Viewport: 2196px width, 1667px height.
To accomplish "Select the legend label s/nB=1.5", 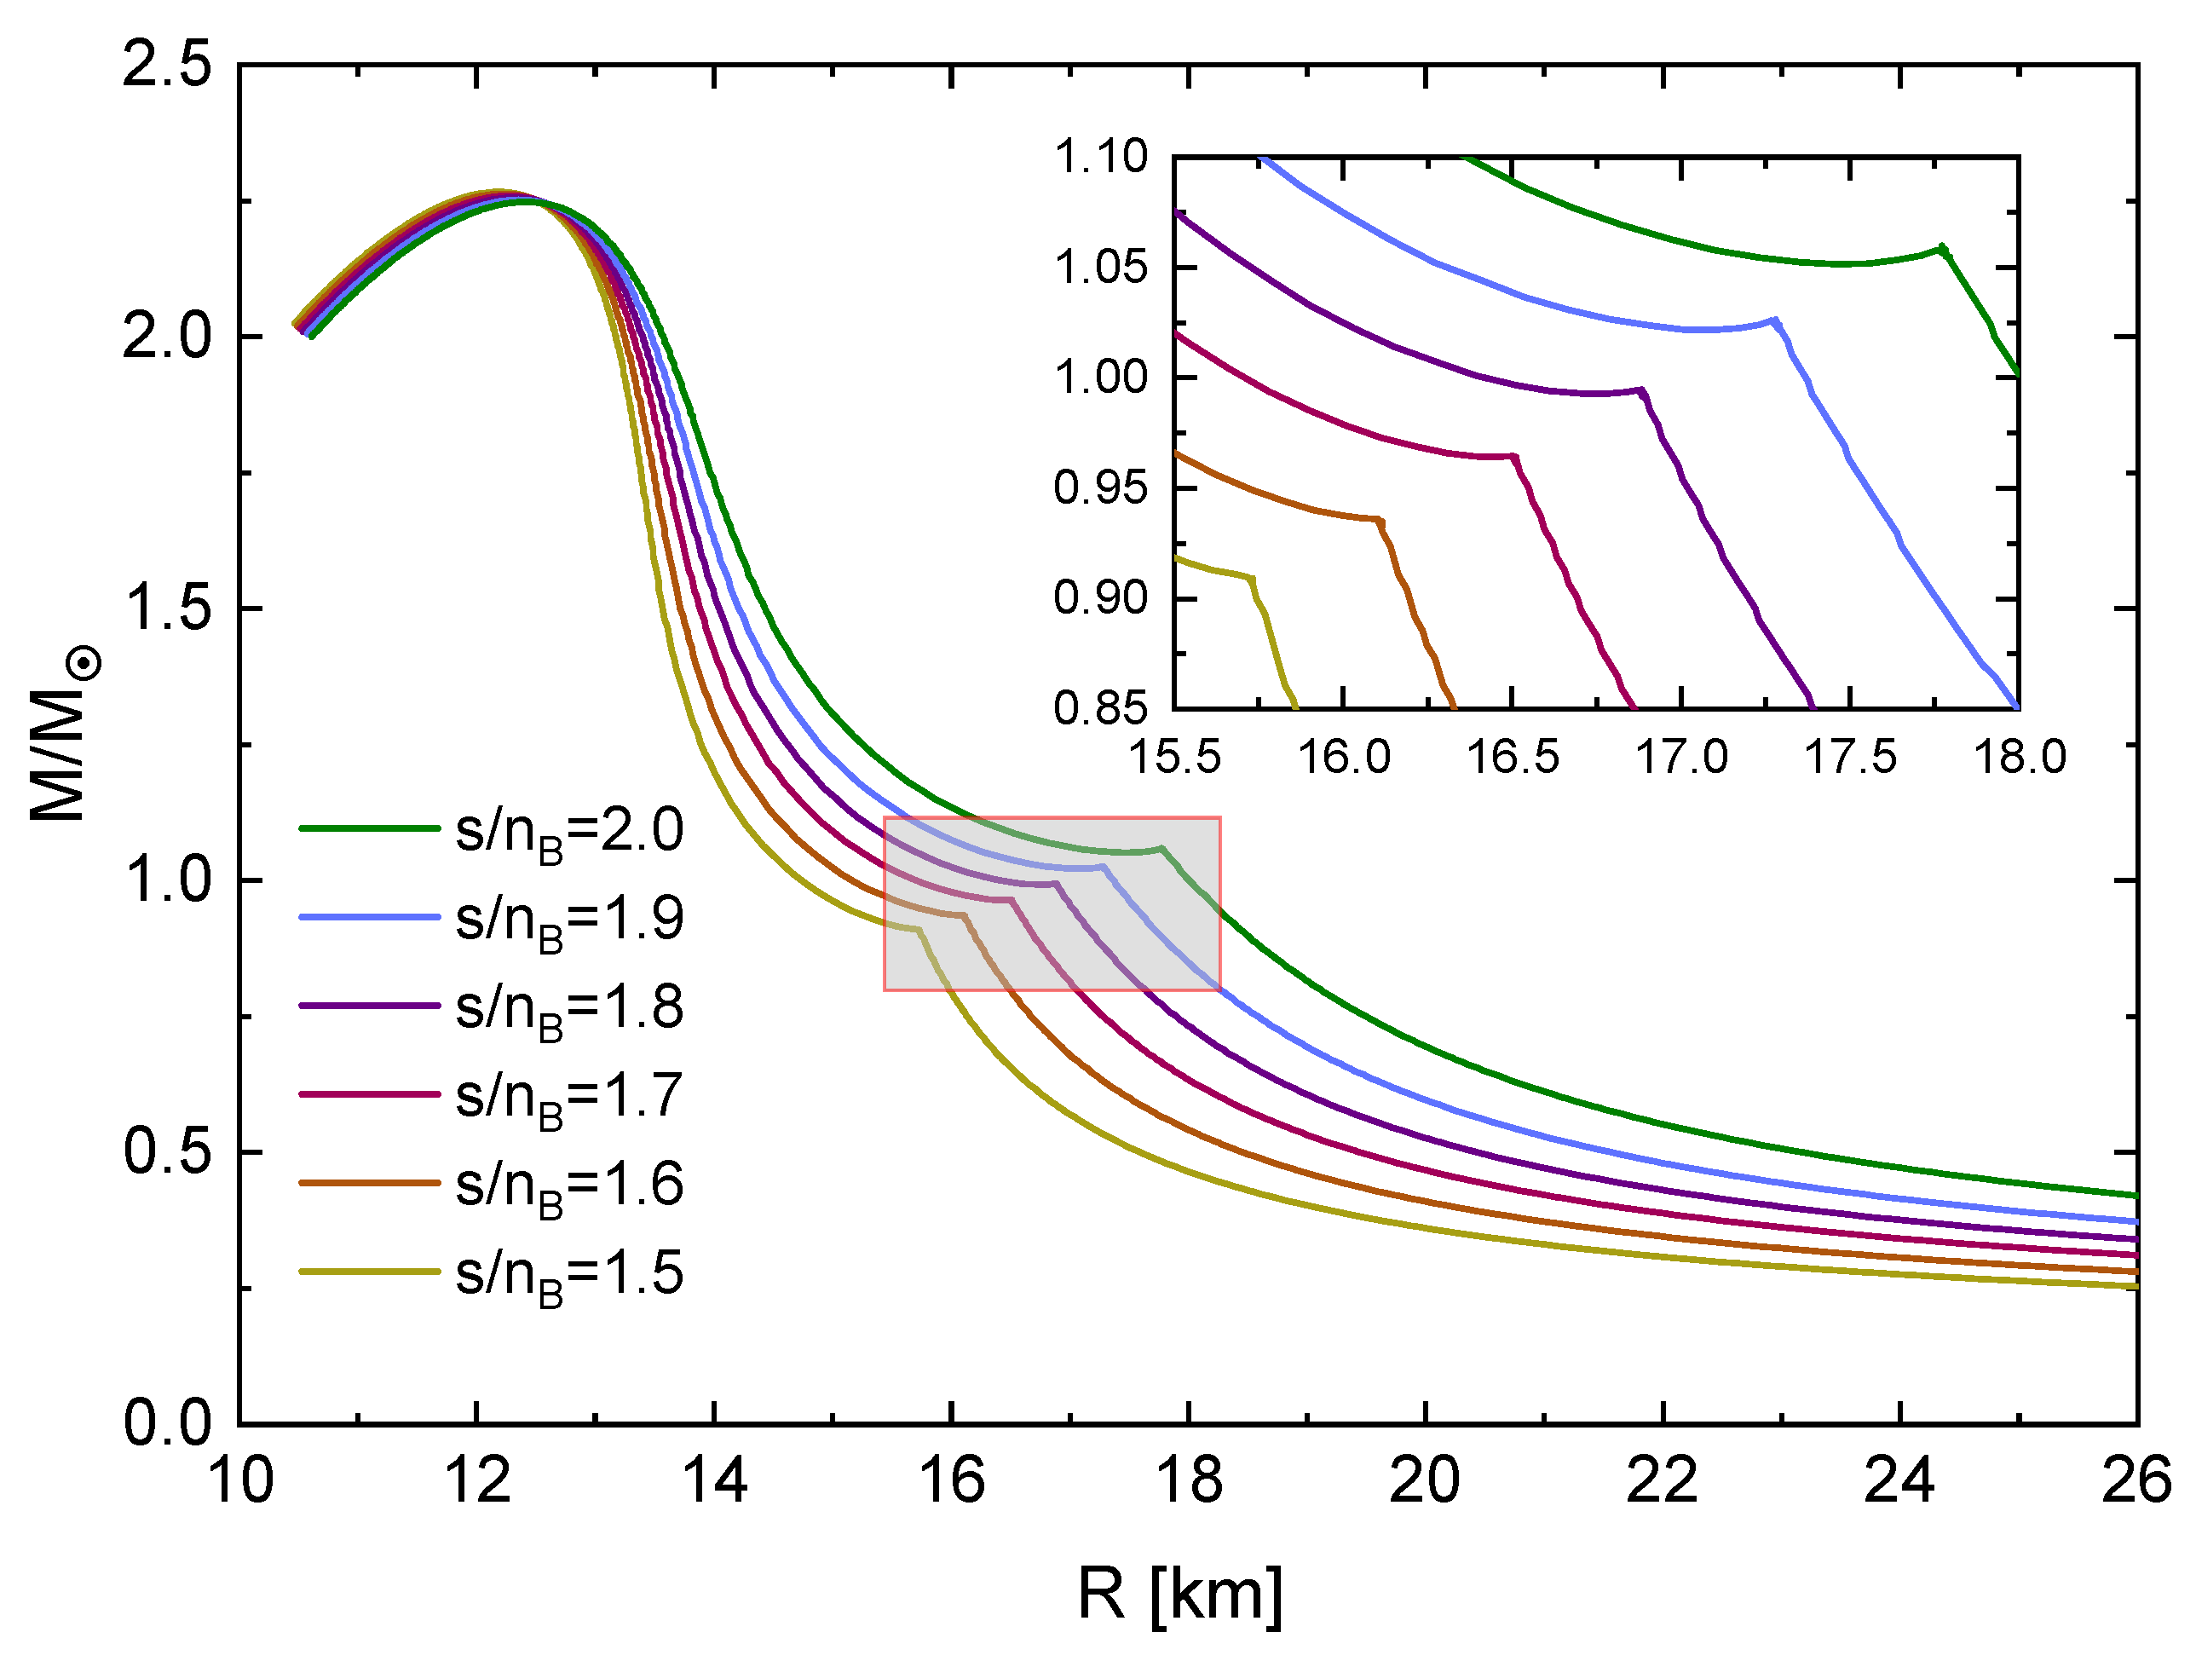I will pyautogui.click(x=569, y=1276).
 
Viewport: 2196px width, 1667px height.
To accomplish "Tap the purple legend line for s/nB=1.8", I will pyautogui.click(x=369, y=1006).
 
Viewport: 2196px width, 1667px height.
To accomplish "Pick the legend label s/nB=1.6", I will pyautogui.click(x=569, y=1187).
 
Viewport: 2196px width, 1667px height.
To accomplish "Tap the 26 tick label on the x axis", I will pyautogui.click(x=2135, y=1482).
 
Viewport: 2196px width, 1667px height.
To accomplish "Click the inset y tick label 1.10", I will pyautogui.click(x=1100, y=157).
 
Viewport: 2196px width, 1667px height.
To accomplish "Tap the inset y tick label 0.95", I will pyautogui.click(x=1100, y=487).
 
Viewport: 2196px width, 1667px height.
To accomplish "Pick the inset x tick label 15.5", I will pyautogui.click(x=1174, y=758).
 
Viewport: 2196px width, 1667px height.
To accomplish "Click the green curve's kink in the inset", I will pyautogui.click(x=1942, y=248).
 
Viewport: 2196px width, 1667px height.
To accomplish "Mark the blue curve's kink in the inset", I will pyautogui.click(x=1775, y=320).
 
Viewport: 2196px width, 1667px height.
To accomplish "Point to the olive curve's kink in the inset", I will pyautogui.click(x=1252, y=579).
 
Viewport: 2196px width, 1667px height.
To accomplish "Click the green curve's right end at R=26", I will pyautogui.click(x=2135, y=1196).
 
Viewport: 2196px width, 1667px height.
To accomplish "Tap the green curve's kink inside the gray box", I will pyautogui.click(x=1161, y=848).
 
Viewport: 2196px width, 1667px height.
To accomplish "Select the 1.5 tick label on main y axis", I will pyautogui.click(x=167, y=609).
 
